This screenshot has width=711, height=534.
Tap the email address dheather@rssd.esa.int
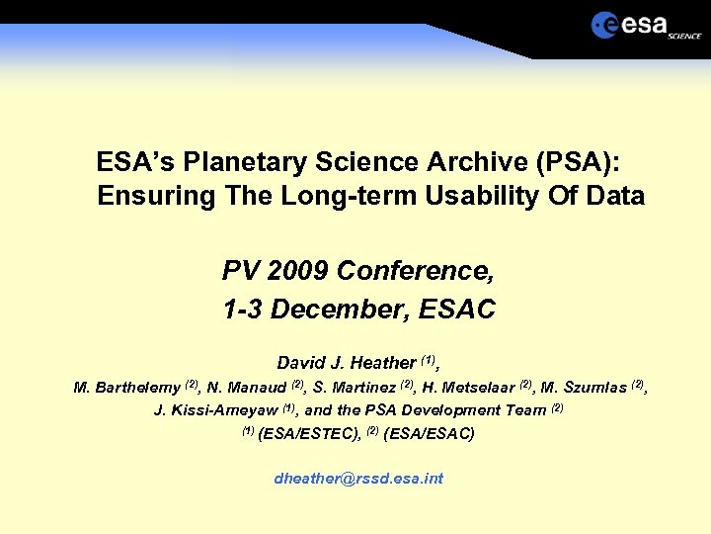(x=358, y=479)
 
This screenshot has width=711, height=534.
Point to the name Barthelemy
(x=137, y=388)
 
